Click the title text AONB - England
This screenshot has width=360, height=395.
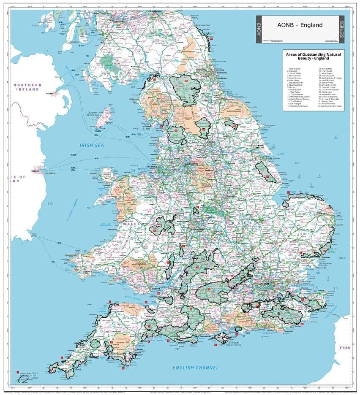tap(300, 25)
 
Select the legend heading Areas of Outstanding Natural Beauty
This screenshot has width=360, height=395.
tap(313, 57)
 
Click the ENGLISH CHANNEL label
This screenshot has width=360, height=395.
tap(195, 368)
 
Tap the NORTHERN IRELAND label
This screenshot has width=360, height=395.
tap(27, 87)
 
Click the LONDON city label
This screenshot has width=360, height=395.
tap(264, 283)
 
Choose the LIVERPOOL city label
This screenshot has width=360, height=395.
tap(152, 166)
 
